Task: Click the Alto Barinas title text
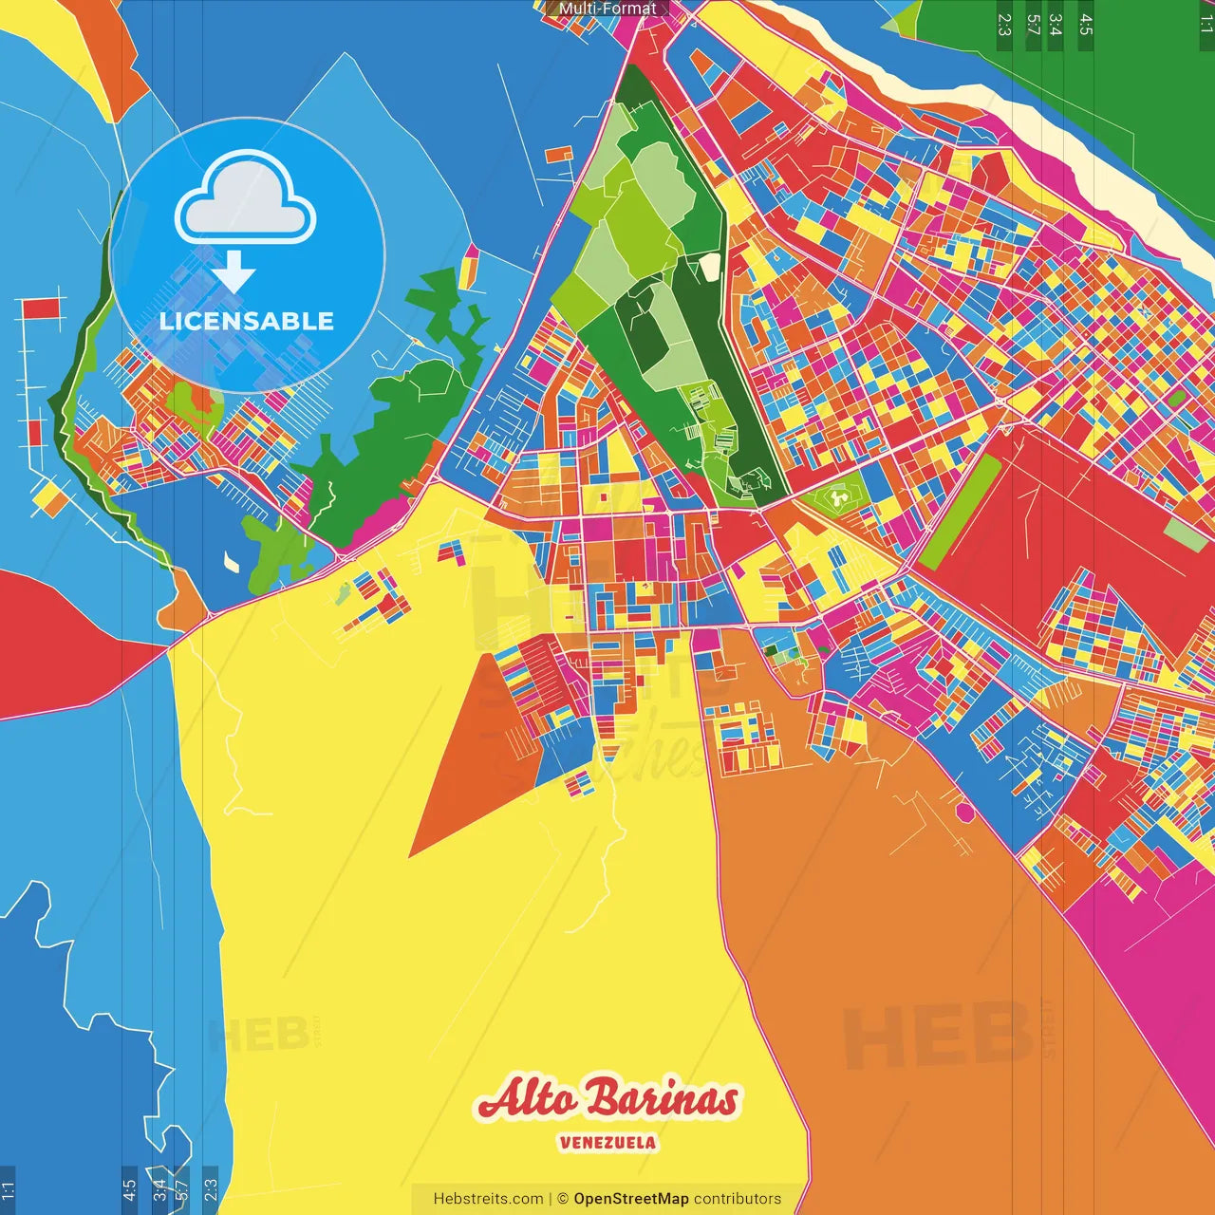607,1099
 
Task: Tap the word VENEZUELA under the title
607,1143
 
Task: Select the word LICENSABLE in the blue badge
247,321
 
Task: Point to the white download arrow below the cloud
233,272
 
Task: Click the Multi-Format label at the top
607,9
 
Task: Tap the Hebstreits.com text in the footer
488,1199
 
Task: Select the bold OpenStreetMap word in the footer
630,1199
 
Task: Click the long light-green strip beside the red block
960,513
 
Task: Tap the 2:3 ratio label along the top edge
1004,24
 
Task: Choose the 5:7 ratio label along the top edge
1034,24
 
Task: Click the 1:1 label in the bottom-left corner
8,1190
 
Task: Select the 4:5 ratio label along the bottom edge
130,1190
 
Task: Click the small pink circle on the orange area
964,813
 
